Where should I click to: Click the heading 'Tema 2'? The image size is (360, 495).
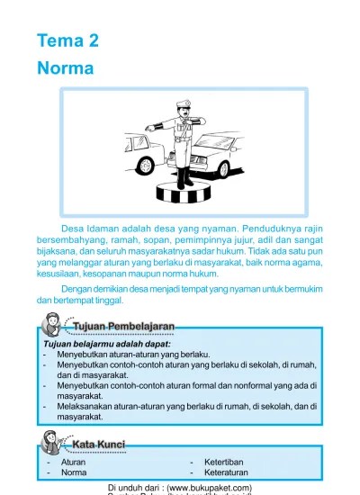coord(67,40)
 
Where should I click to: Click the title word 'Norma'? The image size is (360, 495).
coord(66,67)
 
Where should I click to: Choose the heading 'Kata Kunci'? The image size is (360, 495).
coord(98,445)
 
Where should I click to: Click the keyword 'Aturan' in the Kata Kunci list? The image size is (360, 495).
coord(73,462)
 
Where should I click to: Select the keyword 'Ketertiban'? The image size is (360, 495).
coord(223,462)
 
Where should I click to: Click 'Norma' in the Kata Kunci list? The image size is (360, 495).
coord(74,472)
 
